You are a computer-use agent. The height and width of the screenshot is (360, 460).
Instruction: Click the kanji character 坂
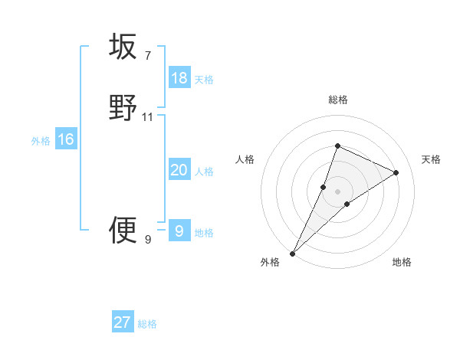click(123, 47)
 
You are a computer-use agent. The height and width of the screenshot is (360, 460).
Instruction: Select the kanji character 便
click(123, 229)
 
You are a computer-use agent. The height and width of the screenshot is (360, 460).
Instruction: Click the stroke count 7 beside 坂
click(147, 55)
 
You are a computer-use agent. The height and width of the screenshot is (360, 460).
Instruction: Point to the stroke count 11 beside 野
click(148, 116)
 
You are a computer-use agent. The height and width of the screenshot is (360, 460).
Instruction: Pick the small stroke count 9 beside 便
click(147, 239)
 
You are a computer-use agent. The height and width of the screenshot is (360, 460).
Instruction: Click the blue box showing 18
click(179, 78)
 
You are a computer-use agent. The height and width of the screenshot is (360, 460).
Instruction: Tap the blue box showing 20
click(179, 170)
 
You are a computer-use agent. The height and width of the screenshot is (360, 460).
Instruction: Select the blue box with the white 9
click(179, 231)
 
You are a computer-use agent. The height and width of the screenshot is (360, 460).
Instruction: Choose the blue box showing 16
click(66, 139)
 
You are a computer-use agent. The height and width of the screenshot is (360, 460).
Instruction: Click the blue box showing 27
click(123, 322)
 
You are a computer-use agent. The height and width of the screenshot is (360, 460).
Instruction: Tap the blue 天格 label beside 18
click(204, 80)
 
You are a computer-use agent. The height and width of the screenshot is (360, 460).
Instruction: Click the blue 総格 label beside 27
click(147, 324)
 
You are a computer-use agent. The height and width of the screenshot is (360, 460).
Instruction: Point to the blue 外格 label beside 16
click(41, 141)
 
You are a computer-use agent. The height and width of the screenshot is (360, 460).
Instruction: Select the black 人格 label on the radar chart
click(245, 159)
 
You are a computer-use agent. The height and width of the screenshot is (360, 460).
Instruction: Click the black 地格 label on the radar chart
click(402, 262)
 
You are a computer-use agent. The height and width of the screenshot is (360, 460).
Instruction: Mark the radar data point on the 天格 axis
click(396, 172)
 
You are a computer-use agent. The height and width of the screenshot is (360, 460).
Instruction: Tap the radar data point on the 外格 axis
click(292, 254)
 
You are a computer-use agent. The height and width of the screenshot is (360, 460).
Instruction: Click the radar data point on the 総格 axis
click(337, 146)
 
